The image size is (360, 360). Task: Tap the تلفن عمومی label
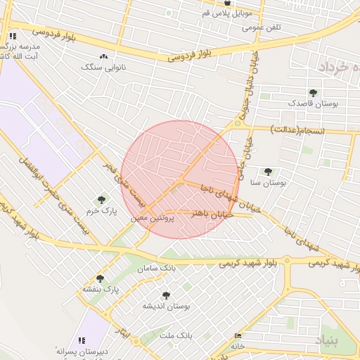(x=262, y=28)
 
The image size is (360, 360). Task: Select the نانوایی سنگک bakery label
(x=97, y=67)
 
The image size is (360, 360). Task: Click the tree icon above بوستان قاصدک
(x=313, y=92)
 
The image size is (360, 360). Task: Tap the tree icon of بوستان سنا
(x=267, y=171)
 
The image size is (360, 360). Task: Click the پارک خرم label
(x=101, y=210)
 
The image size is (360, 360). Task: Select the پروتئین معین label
(x=149, y=218)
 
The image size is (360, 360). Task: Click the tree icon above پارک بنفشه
(x=100, y=278)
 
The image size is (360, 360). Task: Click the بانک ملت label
(x=176, y=337)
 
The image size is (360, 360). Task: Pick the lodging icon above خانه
(x=238, y=336)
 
